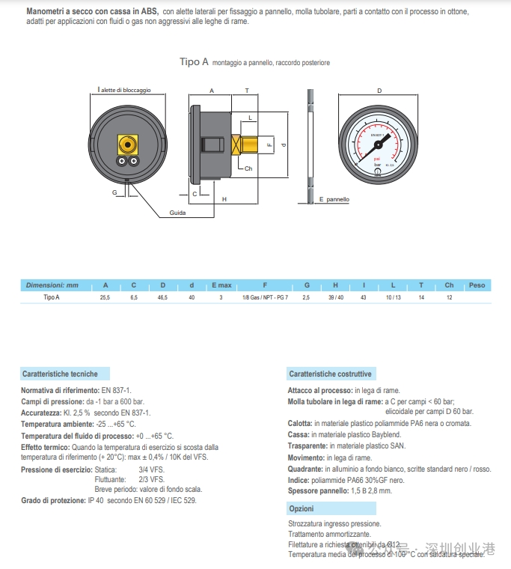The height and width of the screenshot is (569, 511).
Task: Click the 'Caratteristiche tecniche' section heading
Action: click(x=60, y=373)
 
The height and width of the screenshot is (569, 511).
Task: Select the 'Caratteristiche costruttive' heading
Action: click(x=330, y=374)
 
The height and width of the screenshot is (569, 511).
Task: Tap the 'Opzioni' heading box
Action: click(x=301, y=508)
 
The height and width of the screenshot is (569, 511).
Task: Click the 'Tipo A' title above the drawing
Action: click(x=194, y=62)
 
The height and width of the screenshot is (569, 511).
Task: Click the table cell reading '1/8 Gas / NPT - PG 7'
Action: click(x=265, y=298)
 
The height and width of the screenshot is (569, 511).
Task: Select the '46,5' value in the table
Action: click(x=162, y=298)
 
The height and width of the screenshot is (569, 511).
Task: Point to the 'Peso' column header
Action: click(x=477, y=285)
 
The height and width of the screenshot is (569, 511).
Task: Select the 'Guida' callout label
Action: click(x=177, y=213)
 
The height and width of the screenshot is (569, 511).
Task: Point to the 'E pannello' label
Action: click(x=334, y=200)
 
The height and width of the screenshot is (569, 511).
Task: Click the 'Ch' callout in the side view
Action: click(x=248, y=169)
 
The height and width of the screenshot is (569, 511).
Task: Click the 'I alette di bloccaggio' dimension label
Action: click(x=124, y=90)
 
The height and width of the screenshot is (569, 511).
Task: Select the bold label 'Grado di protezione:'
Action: click(x=54, y=500)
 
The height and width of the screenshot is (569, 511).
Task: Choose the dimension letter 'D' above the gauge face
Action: click(x=379, y=91)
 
